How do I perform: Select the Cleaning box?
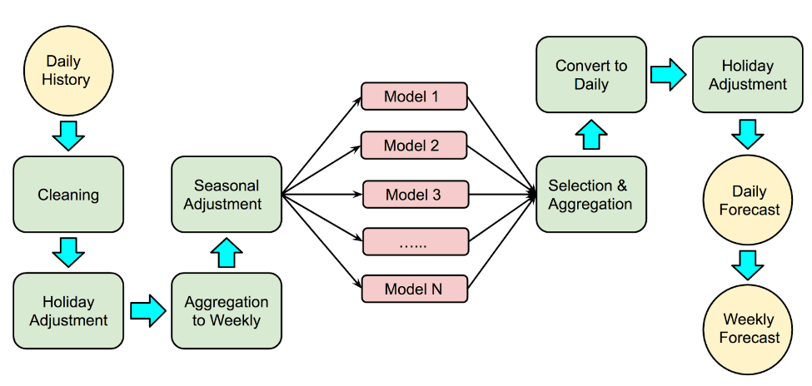click(x=68, y=195)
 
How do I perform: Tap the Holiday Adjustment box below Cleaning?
click(x=68, y=310)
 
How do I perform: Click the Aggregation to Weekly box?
click(x=227, y=310)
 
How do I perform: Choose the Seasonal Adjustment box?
click(x=227, y=195)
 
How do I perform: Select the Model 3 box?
click(x=414, y=195)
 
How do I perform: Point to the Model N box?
click(x=414, y=289)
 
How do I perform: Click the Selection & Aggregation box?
click(x=590, y=195)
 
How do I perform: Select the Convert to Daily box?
click(x=590, y=75)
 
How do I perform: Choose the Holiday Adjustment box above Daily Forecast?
click(x=748, y=75)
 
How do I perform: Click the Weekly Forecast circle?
click(x=748, y=328)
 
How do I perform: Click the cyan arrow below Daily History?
click(x=68, y=135)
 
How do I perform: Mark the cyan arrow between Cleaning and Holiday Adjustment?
click(x=68, y=251)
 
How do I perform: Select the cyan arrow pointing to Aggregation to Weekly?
click(x=147, y=310)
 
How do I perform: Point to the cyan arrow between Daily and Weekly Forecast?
click(x=748, y=264)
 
